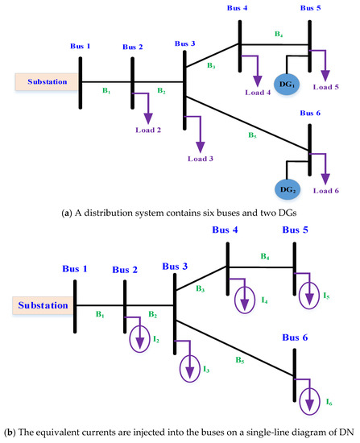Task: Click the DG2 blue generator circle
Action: pyautogui.click(x=288, y=189)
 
